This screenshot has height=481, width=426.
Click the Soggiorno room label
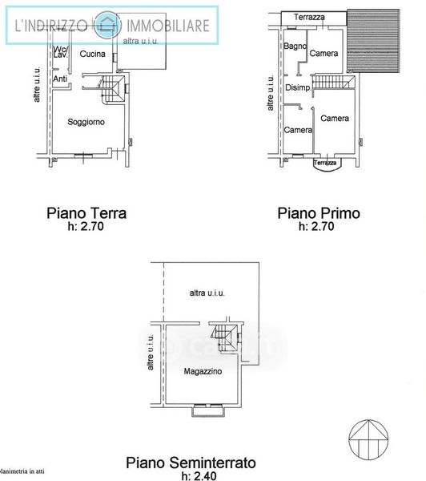tap(86, 122)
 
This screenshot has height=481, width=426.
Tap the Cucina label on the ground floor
tap(93, 54)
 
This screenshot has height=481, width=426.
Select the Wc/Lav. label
tap(61, 52)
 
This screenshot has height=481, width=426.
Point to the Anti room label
tap(60, 79)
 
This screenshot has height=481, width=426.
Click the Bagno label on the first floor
tap(295, 46)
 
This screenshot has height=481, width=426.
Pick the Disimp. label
tap(298, 87)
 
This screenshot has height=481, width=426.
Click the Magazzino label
tap(203, 371)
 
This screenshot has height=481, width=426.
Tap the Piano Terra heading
tap(86, 213)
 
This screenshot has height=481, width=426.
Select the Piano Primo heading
tap(319, 213)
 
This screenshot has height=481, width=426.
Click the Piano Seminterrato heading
tap(191, 463)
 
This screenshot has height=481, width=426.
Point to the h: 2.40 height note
tap(199, 475)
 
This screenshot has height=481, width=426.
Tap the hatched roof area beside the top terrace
tap(373, 41)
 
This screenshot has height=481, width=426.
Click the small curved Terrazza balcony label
tap(325, 163)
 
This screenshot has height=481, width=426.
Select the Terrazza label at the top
tap(309, 17)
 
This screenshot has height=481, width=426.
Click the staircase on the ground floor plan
tap(112, 89)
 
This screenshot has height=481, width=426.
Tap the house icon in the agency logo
tap(107, 25)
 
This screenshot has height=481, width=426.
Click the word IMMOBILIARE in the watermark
tap(168, 26)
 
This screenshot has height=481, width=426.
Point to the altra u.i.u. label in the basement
tap(207, 293)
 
